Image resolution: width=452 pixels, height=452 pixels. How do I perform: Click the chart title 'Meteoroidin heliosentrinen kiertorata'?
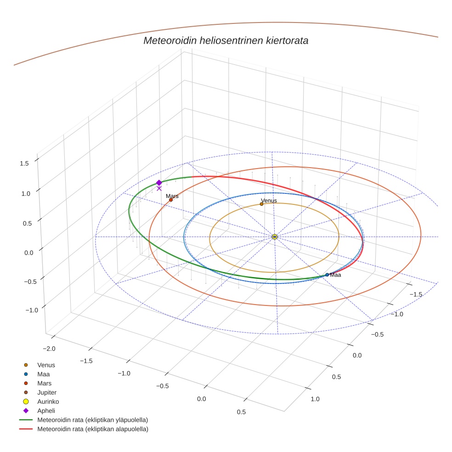point(226,40)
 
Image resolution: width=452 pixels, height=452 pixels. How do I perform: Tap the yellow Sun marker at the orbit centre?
point(274,237)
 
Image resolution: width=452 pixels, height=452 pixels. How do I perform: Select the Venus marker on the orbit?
point(261,204)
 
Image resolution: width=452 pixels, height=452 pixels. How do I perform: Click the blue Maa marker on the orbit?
point(327,275)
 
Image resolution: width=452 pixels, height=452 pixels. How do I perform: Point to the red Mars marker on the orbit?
point(171,200)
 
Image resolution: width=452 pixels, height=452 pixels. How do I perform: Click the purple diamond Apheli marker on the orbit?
point(159,182)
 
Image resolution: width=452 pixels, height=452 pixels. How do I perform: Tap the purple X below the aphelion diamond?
point(159,188)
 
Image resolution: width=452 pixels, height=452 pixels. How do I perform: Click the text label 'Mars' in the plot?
point(172,196)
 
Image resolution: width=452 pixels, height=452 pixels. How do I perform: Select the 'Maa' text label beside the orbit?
point(335,275)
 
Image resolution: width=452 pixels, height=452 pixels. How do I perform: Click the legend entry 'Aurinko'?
point(48,401)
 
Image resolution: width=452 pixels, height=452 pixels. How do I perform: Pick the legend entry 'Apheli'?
point(46,411)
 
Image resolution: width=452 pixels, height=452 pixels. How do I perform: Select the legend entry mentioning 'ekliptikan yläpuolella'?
point(92,420)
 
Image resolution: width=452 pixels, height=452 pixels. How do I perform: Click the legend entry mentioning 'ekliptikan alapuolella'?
point(92,429)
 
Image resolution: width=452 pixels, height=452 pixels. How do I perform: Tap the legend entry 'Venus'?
point(46,365)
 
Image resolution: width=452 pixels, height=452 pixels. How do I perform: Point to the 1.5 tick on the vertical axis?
point(25,163)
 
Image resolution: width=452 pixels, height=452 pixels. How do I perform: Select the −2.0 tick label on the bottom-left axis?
point(48,349)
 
